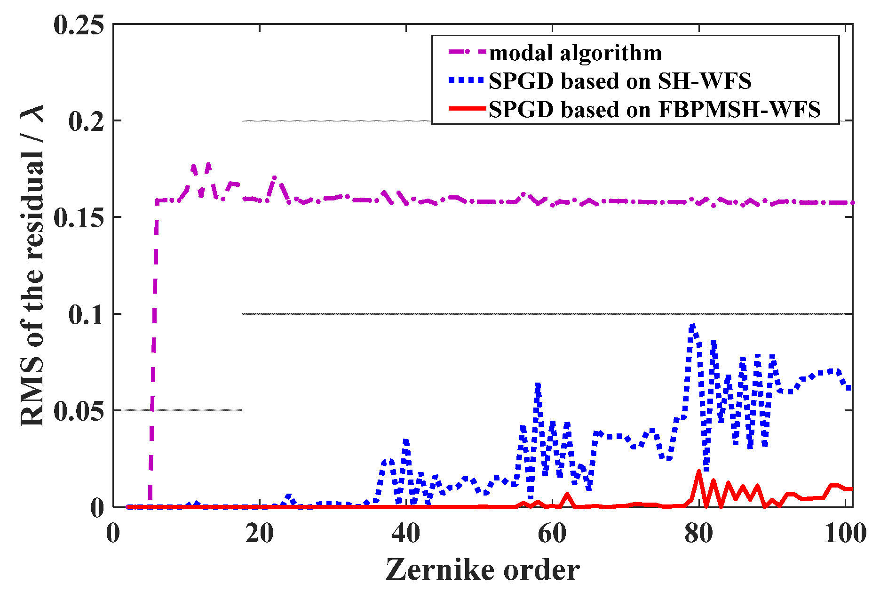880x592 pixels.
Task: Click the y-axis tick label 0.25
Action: click(79, 25)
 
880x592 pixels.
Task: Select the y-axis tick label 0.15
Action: click(79, 218)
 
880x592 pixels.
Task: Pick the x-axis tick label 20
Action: click(260, 534)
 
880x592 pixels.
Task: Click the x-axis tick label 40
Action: click(406, 534)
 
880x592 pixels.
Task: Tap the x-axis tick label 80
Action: click(699, 534)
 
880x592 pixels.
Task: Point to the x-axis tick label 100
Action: click(845, 534)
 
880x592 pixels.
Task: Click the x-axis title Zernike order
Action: click(483, 570)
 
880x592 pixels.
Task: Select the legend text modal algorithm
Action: click(575, 53)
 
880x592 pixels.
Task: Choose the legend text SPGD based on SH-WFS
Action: click(620, 81)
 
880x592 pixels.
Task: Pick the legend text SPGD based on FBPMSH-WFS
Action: click(654, 109)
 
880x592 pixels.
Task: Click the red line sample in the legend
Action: click(467, 109)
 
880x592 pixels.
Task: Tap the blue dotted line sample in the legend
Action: click(467, 81)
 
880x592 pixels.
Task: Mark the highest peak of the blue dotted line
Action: click(692, 325)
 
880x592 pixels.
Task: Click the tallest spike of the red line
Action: click(699, 471)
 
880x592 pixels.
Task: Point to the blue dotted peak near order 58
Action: click(538, 385)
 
